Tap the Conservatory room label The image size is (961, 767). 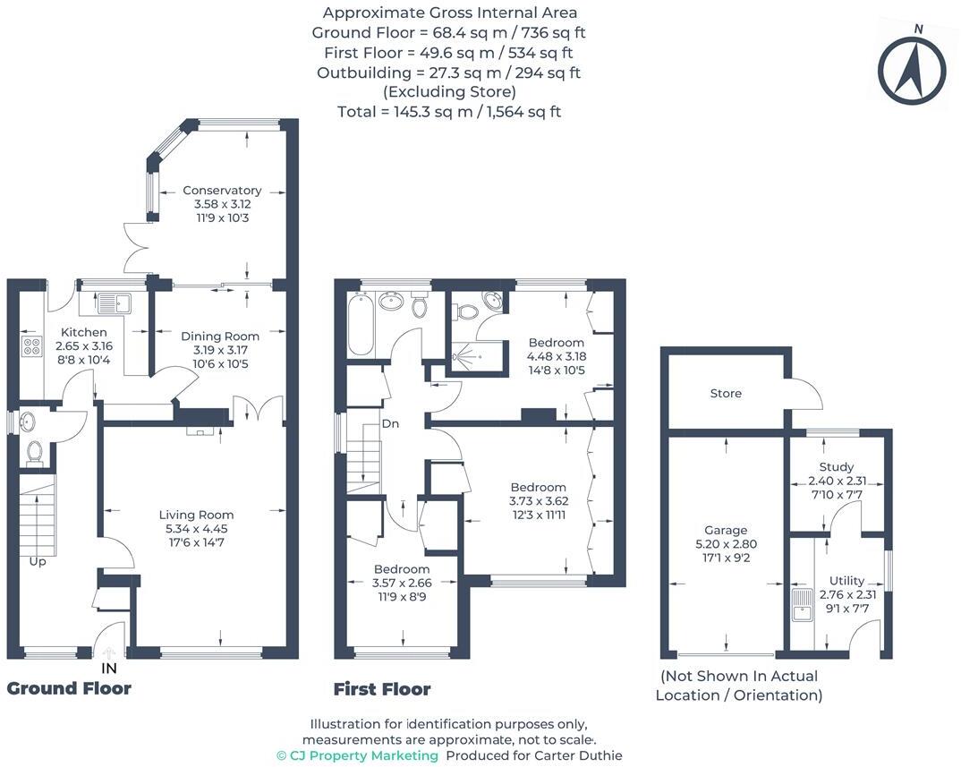pos(222,190)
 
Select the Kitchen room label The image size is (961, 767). pos(84,332)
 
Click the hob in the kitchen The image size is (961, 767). pos(32,346)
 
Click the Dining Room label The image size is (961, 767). pos(220,337)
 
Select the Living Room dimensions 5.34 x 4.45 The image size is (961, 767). pos(196,528)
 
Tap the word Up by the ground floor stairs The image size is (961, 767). pos(37,561)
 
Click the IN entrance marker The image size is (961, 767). pos(108,668)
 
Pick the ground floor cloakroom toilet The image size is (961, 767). pos(35,452)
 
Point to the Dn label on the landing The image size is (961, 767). pos(389,423)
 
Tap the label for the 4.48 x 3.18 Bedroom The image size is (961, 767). pos(556,343)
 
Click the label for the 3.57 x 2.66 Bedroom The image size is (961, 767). pos(402,569)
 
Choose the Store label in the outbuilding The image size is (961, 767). pos(726,393)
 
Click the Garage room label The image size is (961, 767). pos(726,530)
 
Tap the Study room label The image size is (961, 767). pos(836,466)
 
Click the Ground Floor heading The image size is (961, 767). pos(69,688)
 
